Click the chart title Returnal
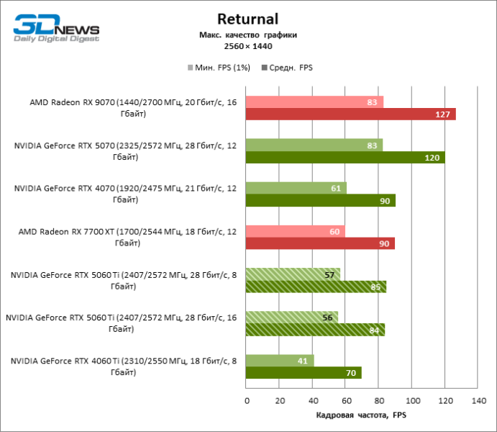247,19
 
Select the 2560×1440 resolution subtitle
248,46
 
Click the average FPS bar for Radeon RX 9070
350,114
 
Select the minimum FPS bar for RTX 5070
314,145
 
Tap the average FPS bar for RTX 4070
320,200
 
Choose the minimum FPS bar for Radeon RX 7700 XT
295,231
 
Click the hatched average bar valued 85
316,287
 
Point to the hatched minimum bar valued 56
291,317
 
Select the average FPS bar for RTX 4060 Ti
303,373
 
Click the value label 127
443,114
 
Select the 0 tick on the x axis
246,400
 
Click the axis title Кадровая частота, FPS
361,415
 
